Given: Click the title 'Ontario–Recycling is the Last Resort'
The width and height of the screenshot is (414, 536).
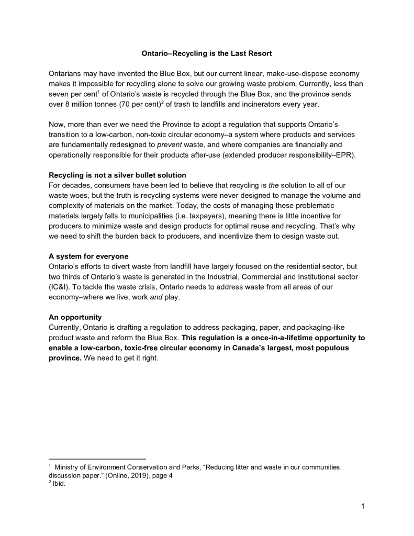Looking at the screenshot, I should tap(207, 54).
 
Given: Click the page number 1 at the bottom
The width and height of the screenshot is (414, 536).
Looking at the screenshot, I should tap(362, 506).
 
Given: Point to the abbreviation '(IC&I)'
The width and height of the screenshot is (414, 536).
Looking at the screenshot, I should tap(60, 287).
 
